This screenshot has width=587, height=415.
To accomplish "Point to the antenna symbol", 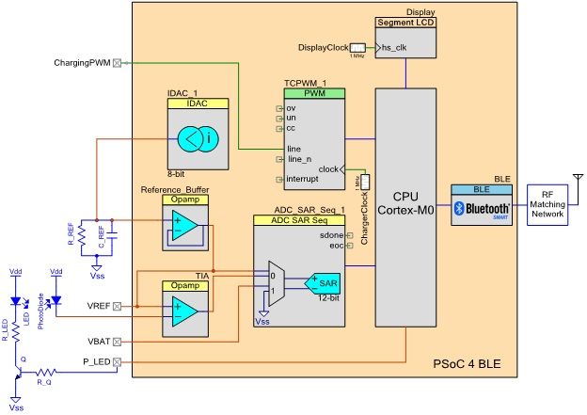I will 576,179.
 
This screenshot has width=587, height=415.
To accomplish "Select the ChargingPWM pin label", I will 82,64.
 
